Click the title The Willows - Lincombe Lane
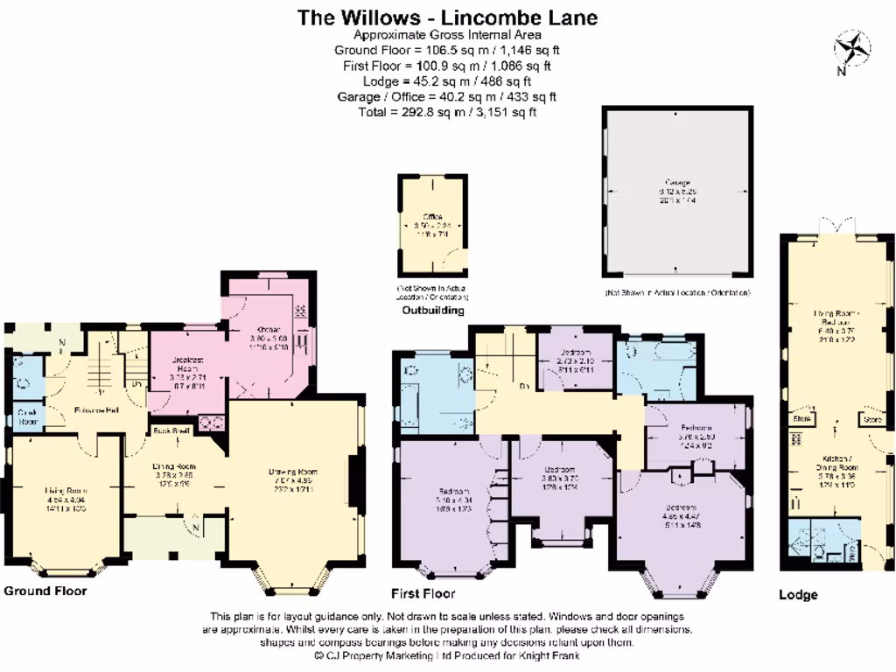click(447, 17)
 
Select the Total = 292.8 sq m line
click(447, 112)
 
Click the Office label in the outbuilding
click(432, 216)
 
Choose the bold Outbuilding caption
click(432, 310)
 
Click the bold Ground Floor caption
click(45, 591)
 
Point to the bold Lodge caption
click(798, 595)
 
